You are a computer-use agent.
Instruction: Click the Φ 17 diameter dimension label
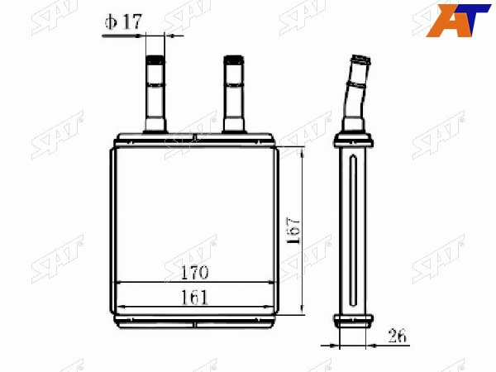pos(123,21)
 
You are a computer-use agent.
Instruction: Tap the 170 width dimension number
pos(195,272)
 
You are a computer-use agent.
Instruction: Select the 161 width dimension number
pos(195,298)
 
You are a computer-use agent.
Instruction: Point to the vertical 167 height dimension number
pos(293,231)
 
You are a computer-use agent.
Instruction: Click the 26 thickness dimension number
pos(398,336)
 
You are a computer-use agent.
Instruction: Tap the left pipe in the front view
pos(155,94)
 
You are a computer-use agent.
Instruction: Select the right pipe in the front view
pos(234,94)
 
